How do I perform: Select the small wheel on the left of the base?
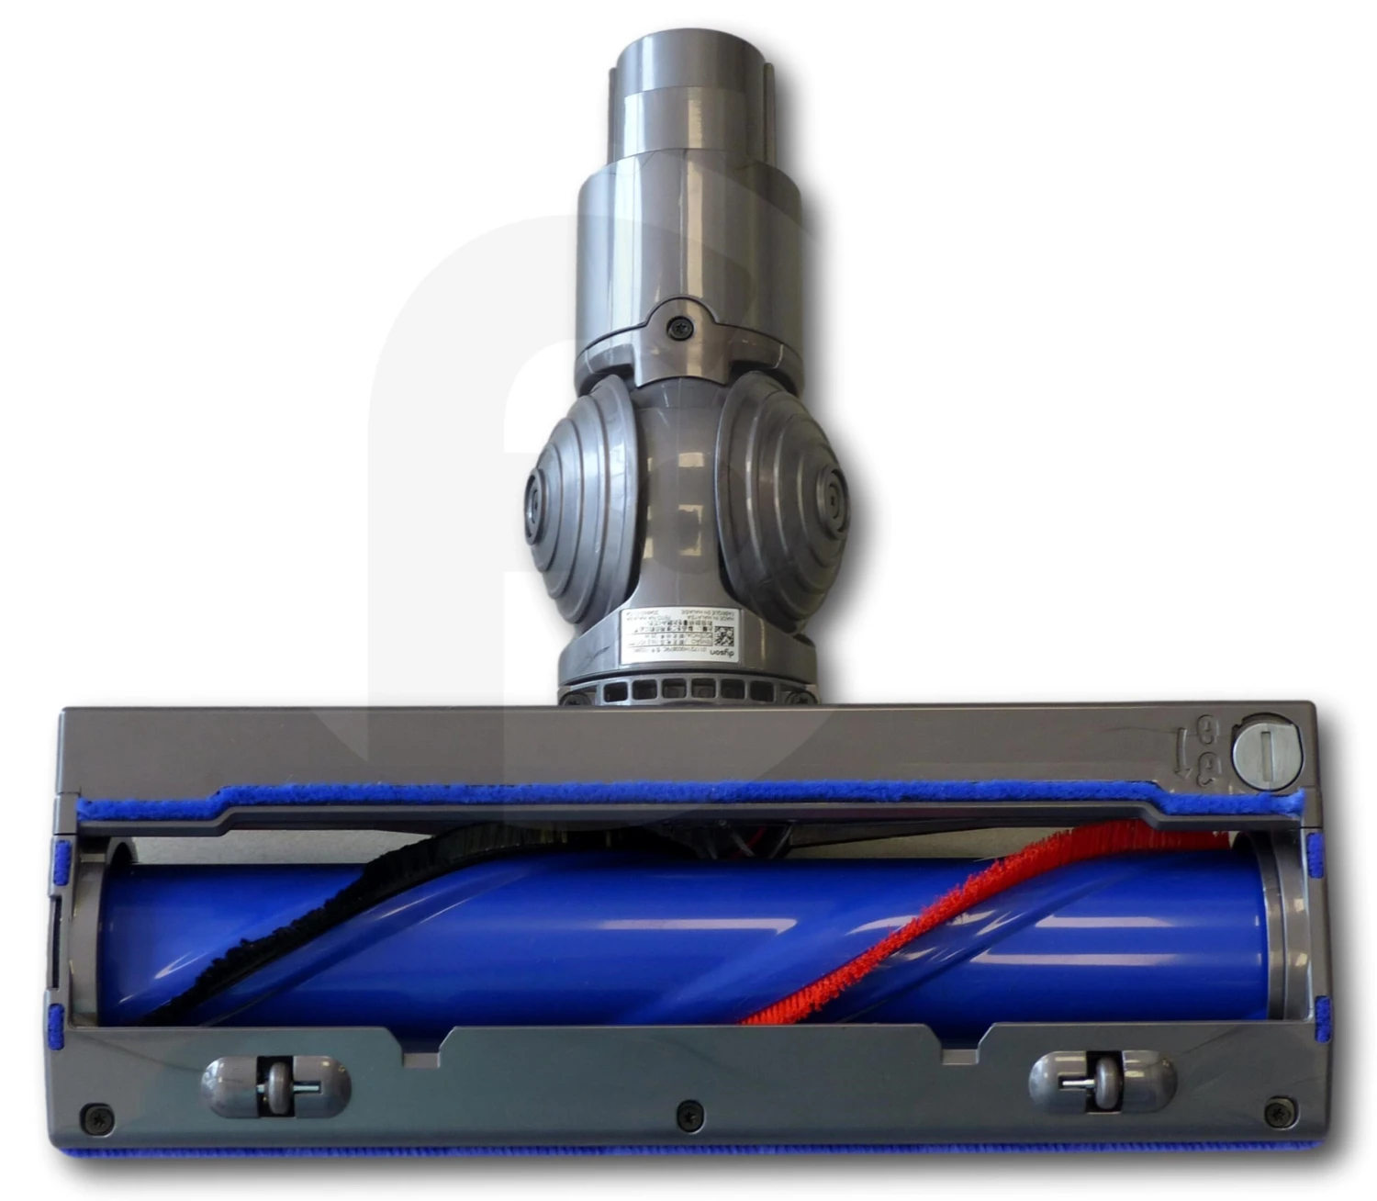(x=274, y=1086)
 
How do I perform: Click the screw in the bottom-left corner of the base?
(x=96, y=1118)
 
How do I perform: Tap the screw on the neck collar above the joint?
(x=680, y=326)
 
